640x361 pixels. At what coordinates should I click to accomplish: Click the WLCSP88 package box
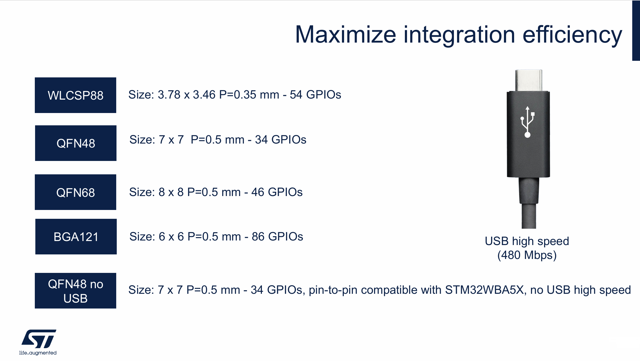(x=76, y=95)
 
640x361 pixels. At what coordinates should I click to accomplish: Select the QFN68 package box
(x=76, y=192)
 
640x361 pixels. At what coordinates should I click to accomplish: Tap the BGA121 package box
(x=76, y=236)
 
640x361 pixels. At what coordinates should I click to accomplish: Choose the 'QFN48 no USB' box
(x=76, y=291)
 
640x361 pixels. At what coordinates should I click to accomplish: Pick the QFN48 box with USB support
(x=76, y=143)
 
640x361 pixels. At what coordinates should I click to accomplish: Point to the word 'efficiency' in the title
(x=572, y=35)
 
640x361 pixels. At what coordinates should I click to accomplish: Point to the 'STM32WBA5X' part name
(x=484, y=290)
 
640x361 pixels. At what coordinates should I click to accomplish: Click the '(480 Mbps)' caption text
(x=527, y=255)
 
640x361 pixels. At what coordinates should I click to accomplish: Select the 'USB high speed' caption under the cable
(x=527, y=241)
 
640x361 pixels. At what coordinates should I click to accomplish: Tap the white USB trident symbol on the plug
(x=528, y=122)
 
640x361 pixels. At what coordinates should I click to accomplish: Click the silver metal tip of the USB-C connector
(x=529, y=80)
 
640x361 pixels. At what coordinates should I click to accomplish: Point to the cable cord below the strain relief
(x=529, y=216)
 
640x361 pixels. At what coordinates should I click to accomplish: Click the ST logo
(x=39, y=339)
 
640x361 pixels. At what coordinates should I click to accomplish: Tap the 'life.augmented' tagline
(x=38, y=353)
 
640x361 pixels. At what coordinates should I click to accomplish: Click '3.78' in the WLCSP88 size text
(x=169, y=95)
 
